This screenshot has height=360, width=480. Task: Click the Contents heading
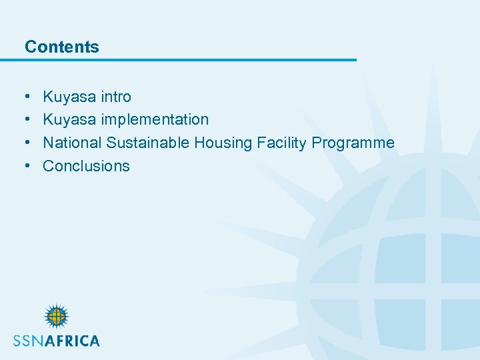pyautogui.click(x=61, y=47)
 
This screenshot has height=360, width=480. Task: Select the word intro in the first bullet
pyautogui.click(x=116, y=97)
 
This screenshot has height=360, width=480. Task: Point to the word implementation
pyautogui.click(x=155, y=120)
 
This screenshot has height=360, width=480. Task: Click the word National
pyautogui.click(x=72, y=143)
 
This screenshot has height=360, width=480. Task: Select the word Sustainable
pyautogui.click(x=148, y=143)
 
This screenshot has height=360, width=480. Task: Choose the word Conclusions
pyautogui.click(x=86, y=166)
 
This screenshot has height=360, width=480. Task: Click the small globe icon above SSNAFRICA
pyautogui.click(x=56, y=317)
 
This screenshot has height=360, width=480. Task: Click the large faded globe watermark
pyautogui.click(x=393, y=267)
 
